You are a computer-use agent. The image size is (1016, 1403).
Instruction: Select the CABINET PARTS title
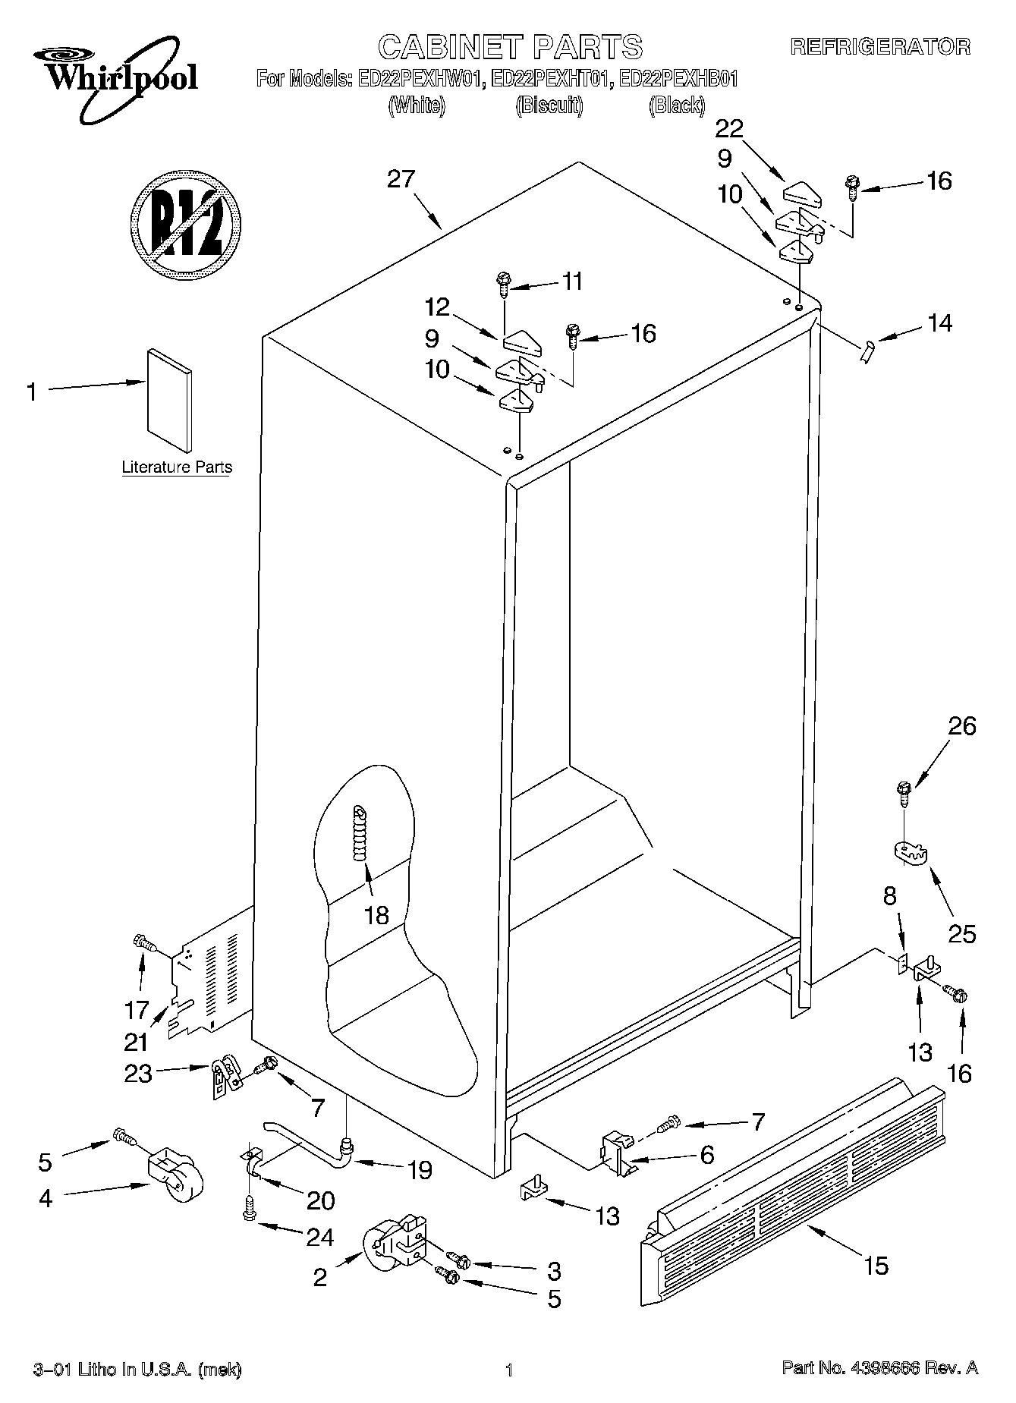[x=510, y=47]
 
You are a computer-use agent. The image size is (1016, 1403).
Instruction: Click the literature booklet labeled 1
[x=170, y=400]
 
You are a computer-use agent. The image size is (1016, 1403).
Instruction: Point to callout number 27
[x=401, y=180]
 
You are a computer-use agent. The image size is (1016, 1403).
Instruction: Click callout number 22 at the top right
[x=729, y=129]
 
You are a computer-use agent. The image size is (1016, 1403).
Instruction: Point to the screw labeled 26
[x=903, y=792]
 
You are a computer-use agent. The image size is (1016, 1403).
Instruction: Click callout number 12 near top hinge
[x=437, y=307]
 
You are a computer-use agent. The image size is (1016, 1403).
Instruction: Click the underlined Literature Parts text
[x=177, y=467]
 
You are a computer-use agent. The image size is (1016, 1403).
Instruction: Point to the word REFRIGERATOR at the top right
[x=880, y=47]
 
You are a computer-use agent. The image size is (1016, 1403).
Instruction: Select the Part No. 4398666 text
[x=879, y=1368]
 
